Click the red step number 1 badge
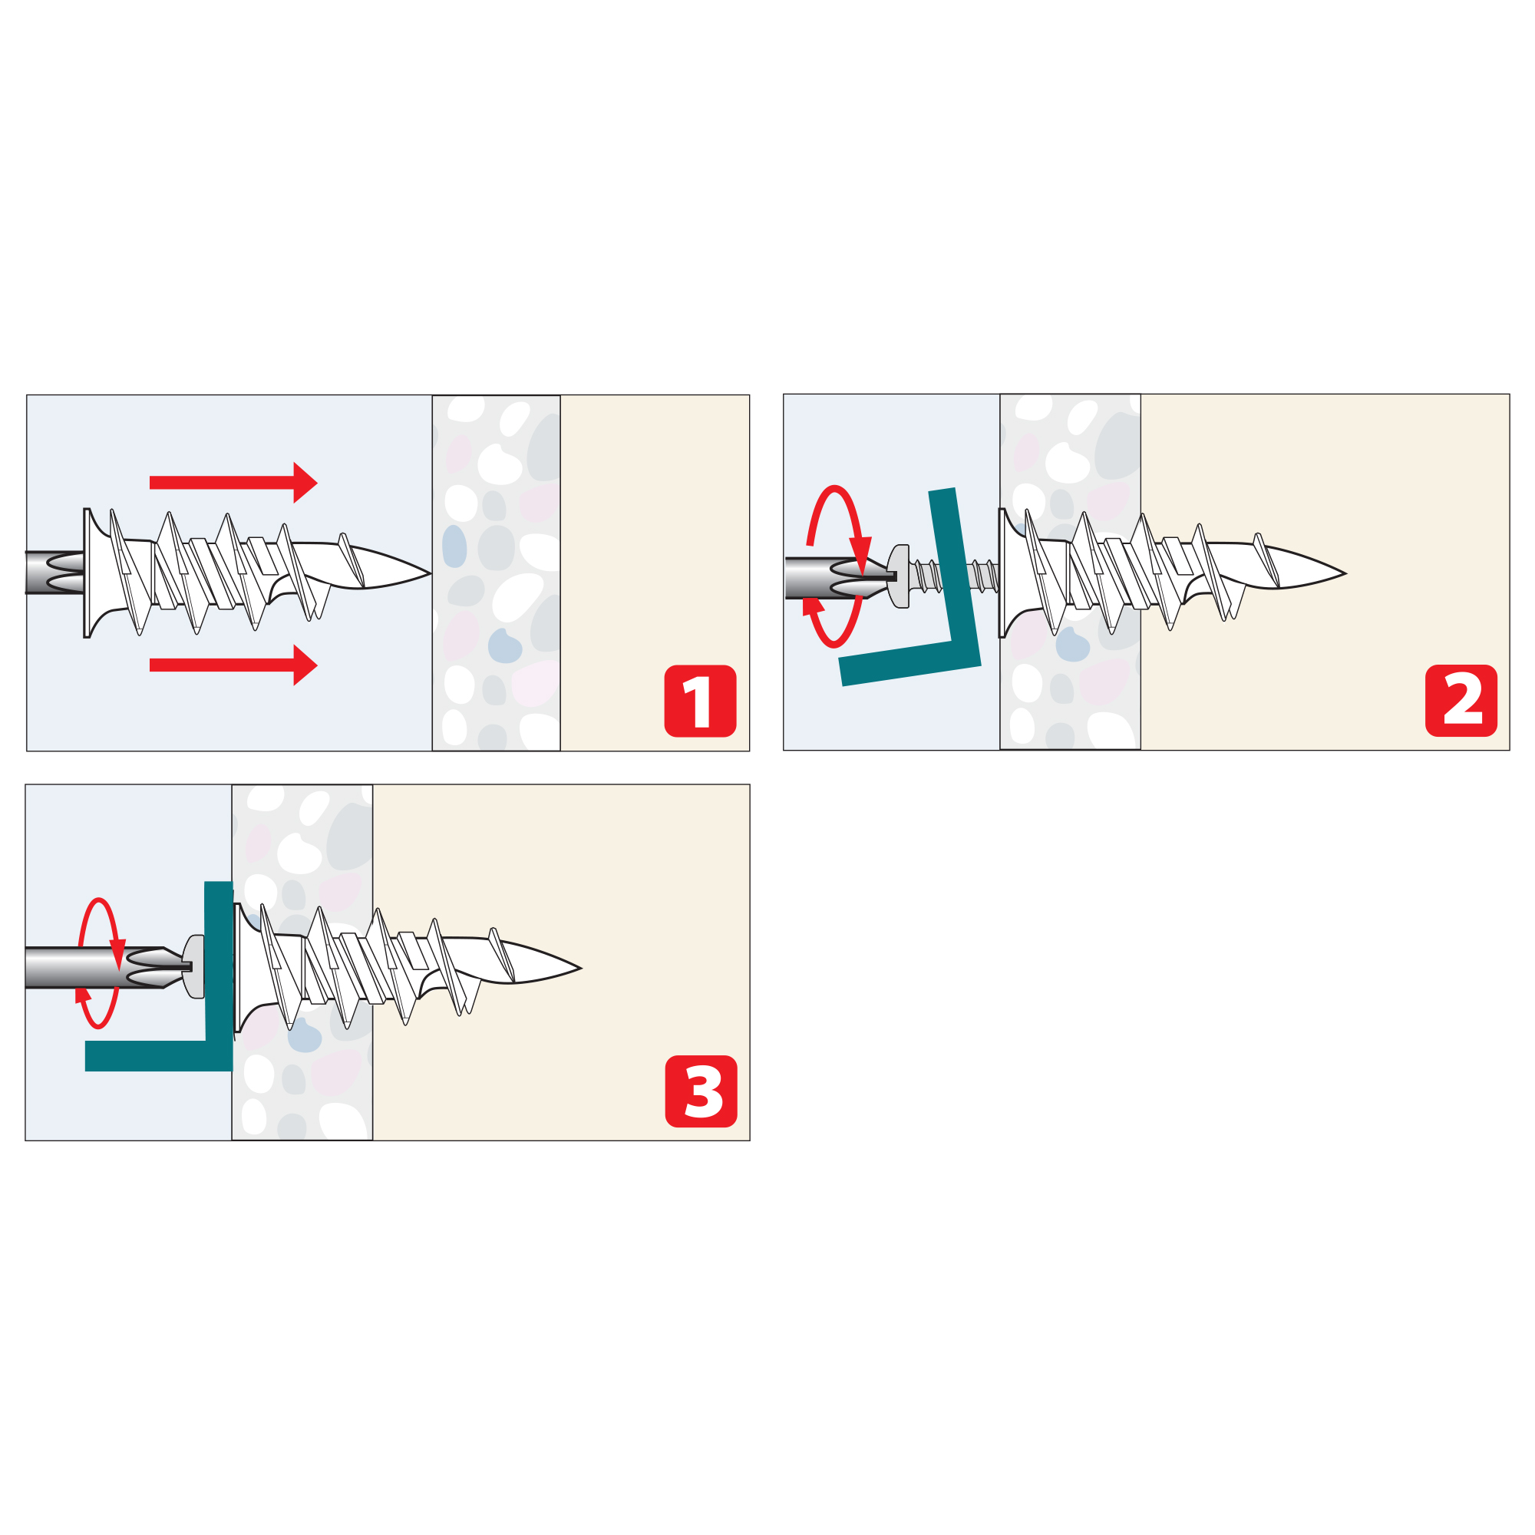(x=700, y=701)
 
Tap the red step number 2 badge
(x=1461, y=701)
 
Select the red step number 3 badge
(x=701, y=1091)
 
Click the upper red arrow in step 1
(x=233, y=482)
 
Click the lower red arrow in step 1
(x=233, y=665)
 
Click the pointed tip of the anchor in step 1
(x=430, y=573)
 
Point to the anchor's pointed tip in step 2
(x=1345, y=573)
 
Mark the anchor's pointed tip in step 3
(x=581, y=968)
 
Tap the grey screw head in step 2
(x=899, y=576)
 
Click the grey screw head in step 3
(x=194, y=967)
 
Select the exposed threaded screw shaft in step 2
(x=953, y=576)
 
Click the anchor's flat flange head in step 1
(x=87, y=573)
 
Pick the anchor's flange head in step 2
(x=1002, y=573)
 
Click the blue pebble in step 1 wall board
(x=454, y=546)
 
